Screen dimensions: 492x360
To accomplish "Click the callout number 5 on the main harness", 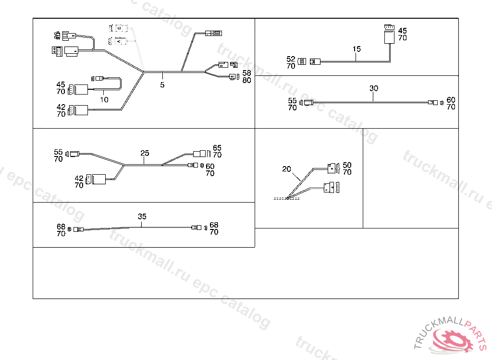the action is [x=162, y=85].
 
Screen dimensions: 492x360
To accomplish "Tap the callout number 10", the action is [x=104, y=100].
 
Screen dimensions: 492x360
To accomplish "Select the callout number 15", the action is [x=356, y=49].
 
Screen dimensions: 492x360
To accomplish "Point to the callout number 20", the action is [x=287, y=169].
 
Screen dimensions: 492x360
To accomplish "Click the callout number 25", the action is [x=145, y=153].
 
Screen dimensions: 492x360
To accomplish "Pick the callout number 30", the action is [x=374, y=88].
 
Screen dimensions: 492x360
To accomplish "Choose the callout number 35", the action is [x=142, y=216].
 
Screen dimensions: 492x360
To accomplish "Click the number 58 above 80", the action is [x=246, y=73].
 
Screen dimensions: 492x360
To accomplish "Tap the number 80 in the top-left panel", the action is [x=246, y=80].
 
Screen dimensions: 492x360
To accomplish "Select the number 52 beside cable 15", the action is [x=291, y=59].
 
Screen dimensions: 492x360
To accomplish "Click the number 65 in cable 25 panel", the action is [x=217, y=148].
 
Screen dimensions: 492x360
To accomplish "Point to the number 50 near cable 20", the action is [x=347, y=165].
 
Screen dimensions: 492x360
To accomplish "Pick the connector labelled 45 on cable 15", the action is [x=388, y=36].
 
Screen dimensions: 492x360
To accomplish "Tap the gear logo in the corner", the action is [x=452, y=339].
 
